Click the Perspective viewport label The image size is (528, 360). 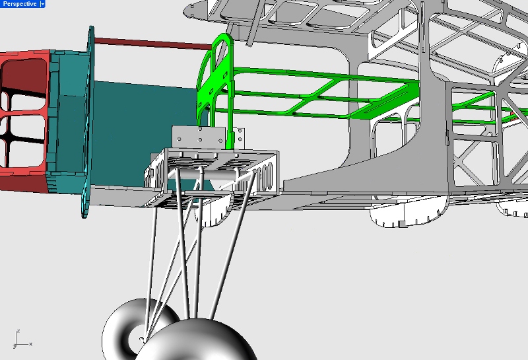[x=20, y=4]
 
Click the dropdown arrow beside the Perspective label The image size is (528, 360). [x=42, y=4]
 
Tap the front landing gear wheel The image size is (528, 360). [x=197, y=340]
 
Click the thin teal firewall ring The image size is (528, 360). [x=88, y=122]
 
